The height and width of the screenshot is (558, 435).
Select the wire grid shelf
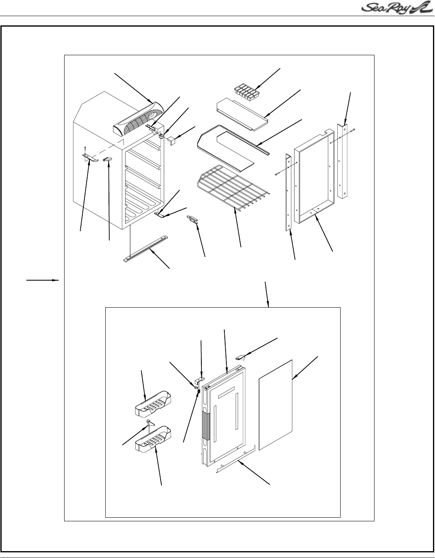coord(232,188)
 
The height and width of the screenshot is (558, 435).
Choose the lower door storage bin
coord(154,439)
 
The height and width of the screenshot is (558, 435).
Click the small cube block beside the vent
coord(171,142)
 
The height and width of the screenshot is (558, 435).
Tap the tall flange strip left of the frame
coord(289,192)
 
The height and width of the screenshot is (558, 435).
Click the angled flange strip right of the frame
coord(343,161)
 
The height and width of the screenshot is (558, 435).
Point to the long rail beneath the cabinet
coord(146,249)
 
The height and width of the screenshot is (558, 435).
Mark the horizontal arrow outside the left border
coord(43,280)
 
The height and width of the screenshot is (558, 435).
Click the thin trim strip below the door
coord(236,459)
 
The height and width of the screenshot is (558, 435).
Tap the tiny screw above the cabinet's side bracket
coord(85,148)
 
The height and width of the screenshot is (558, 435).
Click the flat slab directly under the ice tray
coord(242,115)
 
